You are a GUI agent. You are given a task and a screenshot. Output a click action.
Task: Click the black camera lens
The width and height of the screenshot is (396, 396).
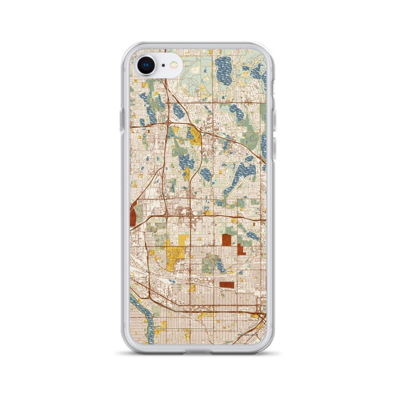[x=146, y=65]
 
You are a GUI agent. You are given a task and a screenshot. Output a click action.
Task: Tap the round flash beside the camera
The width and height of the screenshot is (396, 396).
[x=173, y=66]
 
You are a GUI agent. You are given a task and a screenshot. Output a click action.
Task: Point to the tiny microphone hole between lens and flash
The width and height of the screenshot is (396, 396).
[x=162, y=66]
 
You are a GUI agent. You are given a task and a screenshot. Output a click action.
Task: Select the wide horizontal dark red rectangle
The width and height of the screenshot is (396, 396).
[x=226, y=285]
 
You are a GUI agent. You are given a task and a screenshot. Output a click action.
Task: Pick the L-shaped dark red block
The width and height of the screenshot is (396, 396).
[x=240, y=249]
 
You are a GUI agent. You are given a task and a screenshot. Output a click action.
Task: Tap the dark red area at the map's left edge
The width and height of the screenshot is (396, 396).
[x=133, y=216]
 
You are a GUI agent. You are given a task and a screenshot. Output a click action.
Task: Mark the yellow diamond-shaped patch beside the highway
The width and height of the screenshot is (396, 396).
[x=196, y=135]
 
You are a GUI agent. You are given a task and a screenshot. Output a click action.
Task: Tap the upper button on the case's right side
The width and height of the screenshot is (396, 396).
[x=276, y=119]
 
